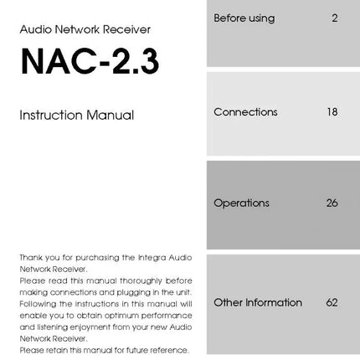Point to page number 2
(x=335, y=18)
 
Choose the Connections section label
(x=245, y=111)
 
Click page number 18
(x=332, y=111)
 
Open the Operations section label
(x=241, y=203)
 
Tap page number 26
(x=332, y=203)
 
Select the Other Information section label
(x=257, y=302)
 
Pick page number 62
(x=332, y=302)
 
